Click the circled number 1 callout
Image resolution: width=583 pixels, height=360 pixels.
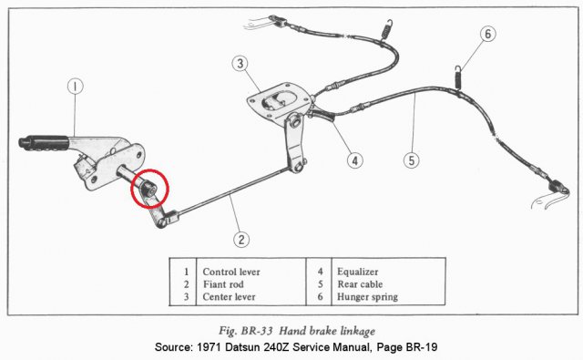coord(76,87)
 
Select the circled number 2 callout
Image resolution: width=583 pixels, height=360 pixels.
coord(240,241)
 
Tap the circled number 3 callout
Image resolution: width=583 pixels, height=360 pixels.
coord(239,64)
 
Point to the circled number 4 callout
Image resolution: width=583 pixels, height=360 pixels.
coord(355,160)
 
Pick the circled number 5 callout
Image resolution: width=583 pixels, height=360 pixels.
coord(412,160)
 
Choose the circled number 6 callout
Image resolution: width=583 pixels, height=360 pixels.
coord(487,34)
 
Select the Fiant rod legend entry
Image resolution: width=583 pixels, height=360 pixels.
coord(222,284)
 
